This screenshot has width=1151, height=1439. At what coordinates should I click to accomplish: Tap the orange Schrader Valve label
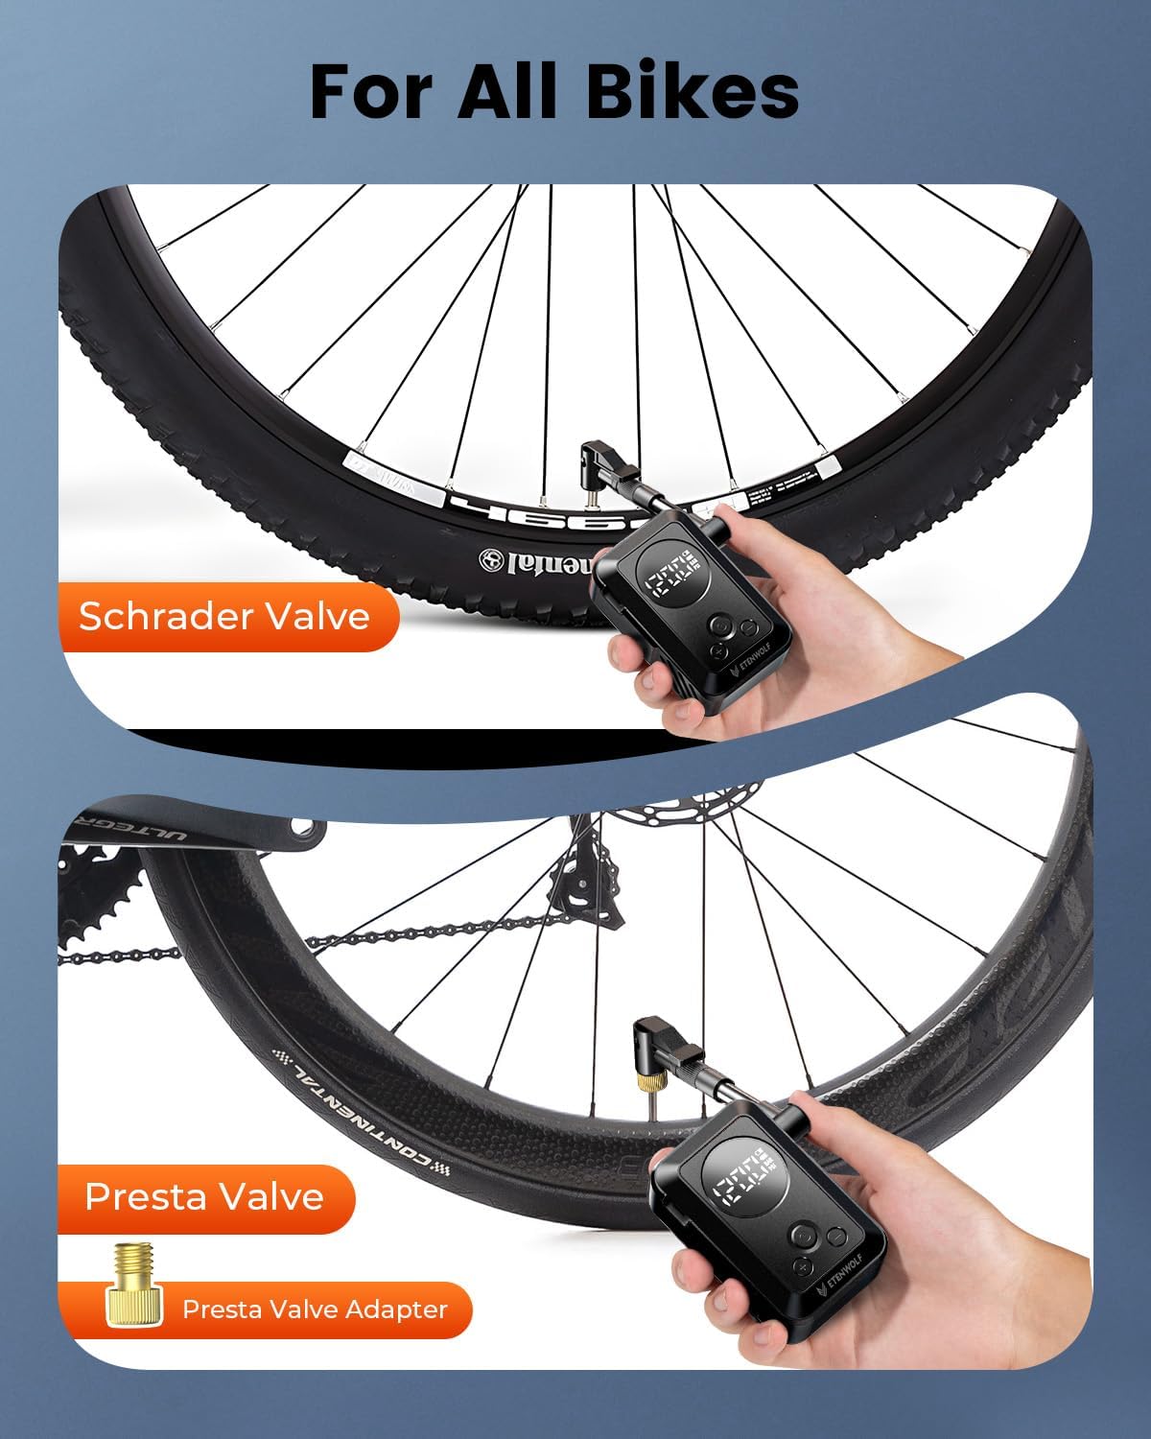pyautogui.click(x=224, y=616)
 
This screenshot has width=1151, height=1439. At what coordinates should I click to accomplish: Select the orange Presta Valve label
pyautogui.click(x=204, y=1196)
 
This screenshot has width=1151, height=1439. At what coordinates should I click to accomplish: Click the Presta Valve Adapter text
pyautogui.click(x=315, y=1309)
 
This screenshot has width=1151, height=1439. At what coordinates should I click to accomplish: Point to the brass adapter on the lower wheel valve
pyautogui.click(x=640, y=1085)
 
